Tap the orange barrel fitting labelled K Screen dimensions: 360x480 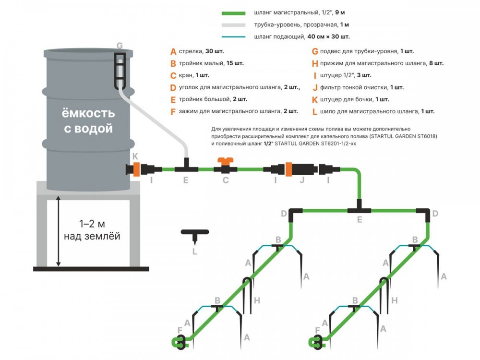pyautogui.click(x=136, y=169)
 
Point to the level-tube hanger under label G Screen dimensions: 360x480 pyautogui.click(x=120, y=70)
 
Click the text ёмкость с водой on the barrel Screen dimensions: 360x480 pyautogui.click(x=88, y=121)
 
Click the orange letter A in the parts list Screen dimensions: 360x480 pyautogui.click(x=173, y=51)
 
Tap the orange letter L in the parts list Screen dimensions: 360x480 pyautogui.click(x=315, y=111)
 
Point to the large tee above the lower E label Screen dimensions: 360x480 pyautogui.click(x=360, y=210)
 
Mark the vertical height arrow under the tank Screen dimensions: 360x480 pyautogui.click(x=59, y=231)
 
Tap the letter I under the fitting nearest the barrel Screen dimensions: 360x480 pyautogui.click(x=151, y=181)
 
